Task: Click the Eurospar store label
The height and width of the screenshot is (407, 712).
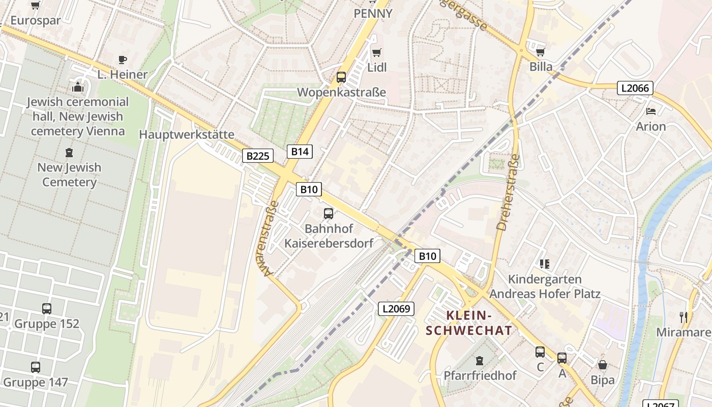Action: pyautogui.click(x=36, y=21)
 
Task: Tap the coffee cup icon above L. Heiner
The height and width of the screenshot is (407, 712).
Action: pyautogui.click(x=123, y=60)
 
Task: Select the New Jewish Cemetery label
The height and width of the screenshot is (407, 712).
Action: pyautogui.click(x=69, y=175)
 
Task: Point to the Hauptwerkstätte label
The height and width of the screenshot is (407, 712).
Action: pyautogui.click(x=187, y=135)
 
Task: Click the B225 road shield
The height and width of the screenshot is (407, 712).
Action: pyautogui.click(x=257, y=156)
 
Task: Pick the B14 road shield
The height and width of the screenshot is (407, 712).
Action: pyautogui.click(x=300, y=151)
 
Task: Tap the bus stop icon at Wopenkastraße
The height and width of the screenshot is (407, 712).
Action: pyautogui.click(x=341, y=77)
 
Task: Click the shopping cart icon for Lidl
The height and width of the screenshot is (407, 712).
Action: pyautogui.click(x=377, y=52)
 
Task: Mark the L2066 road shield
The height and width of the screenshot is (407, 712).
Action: pyautogui.click(x=635, y=88)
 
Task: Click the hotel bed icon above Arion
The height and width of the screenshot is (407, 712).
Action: pyautogui.click(x=651, y=111)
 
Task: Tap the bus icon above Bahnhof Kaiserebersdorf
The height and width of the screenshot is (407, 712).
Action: pyautogui.click(x=329, y=213)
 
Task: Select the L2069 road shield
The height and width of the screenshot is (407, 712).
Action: pyautogui.click(x=396, y=308)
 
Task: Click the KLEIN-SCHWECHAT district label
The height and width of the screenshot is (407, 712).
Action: pyautogui.click(x=468, y=323)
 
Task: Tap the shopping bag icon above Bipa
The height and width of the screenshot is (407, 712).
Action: pyautogui.click(x=603, y=365)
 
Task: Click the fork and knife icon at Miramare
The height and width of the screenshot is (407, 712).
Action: pyautogui.click(x=684, y=317)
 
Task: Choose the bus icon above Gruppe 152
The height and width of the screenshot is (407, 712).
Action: pyautogui.click(x=47, y=308)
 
